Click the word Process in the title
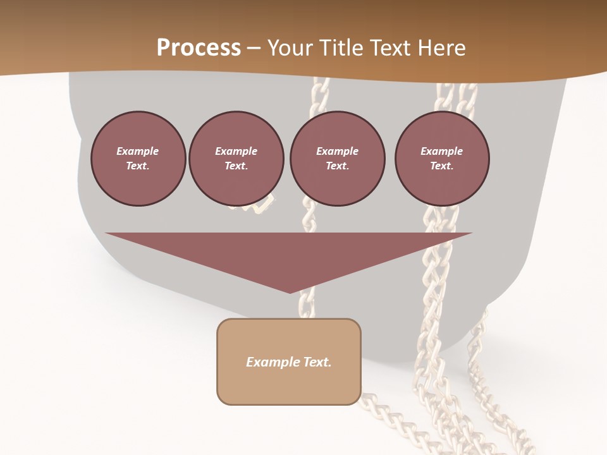point(199,48)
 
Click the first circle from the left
point(138,159)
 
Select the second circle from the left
point(236,159)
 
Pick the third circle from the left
point(337,159)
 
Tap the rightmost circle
point(442,159)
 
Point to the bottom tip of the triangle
point(290,292)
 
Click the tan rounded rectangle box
point(289,361)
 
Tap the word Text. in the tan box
point(318,362)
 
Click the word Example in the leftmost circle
point(138,151)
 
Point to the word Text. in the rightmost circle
point(442,166)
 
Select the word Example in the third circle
point(337,151)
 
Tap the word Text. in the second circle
point(236,166)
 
